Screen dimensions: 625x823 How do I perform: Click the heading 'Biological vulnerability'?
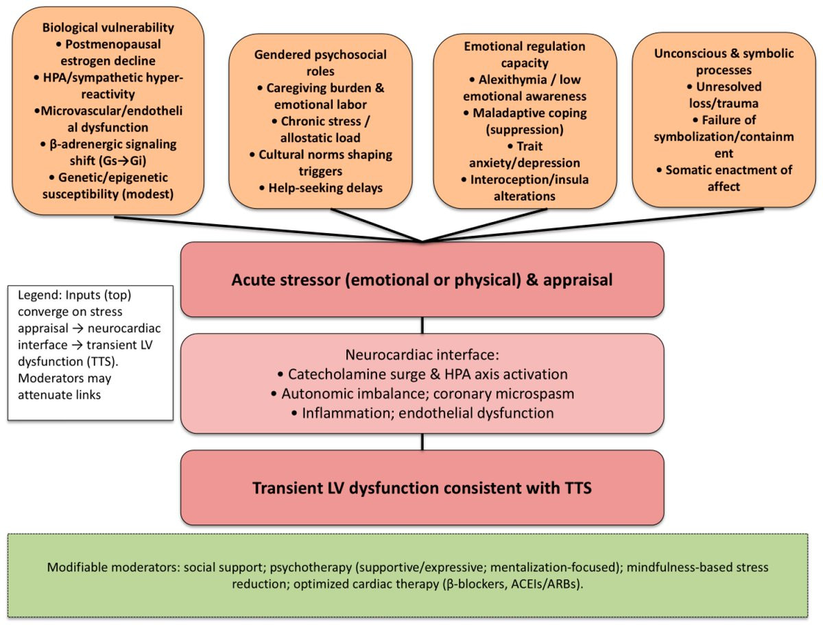click(x=108, y=28)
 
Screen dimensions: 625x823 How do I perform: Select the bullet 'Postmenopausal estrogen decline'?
click(x=108, y=52)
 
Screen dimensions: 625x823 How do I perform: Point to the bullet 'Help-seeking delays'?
click(x=320, y=187)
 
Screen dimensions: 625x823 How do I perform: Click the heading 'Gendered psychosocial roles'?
click(x=320, y=62)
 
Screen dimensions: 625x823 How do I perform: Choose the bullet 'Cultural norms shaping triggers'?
click(x=320, y=162)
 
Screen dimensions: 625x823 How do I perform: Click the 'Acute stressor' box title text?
click(x=422, y=280)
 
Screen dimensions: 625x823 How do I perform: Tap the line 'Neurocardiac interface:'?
click(x=422, y=357)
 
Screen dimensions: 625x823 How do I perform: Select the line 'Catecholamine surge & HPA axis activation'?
click(x=422, y=375)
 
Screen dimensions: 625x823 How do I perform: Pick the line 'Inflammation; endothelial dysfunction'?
click(x=422, y=413)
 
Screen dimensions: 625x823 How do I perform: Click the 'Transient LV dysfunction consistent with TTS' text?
click(x=422, y=488)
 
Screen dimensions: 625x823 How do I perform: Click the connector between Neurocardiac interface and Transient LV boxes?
click(x=422, y=441)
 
